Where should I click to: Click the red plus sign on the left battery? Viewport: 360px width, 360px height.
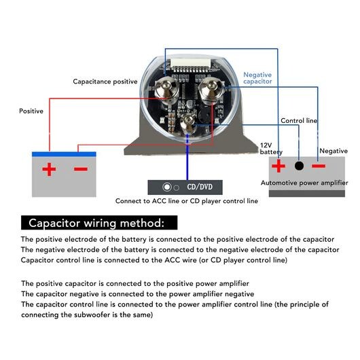click(49, 169)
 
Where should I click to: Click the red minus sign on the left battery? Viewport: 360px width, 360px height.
click(81, 169)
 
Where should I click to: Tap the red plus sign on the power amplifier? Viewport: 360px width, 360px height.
click(278, 166)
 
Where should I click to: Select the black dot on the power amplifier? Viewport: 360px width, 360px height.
click(299, 166)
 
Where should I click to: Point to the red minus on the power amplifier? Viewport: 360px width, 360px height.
click(319, 166)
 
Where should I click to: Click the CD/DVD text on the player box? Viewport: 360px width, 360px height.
click(200, 187)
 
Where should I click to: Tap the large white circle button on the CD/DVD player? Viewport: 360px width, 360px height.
click(167, 187)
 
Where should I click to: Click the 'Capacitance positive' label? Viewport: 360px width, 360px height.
click(105, 82)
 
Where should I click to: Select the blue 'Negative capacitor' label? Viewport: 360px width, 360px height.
click(257, 78)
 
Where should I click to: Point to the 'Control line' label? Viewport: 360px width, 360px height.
click(299, 121)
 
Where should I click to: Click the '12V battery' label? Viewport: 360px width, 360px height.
click(271, 149)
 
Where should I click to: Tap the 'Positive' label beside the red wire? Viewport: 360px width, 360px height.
click(31, 111)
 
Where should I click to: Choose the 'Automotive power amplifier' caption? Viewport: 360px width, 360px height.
click(304, 183)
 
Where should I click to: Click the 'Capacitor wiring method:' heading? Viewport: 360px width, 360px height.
click(96, 223)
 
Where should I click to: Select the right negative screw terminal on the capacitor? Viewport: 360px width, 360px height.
click(211, 90)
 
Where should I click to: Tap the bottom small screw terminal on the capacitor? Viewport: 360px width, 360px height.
click(189, 122)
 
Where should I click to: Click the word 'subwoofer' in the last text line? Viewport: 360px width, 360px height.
click(92, 314)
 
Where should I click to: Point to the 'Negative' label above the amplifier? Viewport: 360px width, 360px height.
click(334, 151)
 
